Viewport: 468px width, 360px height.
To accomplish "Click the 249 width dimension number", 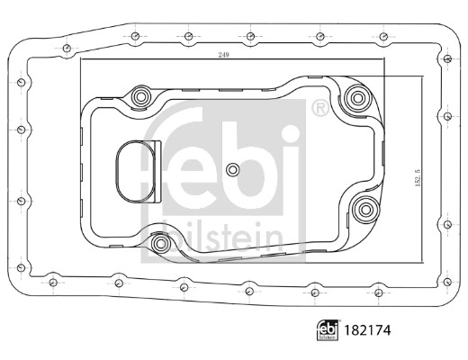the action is click(x=223, y=55).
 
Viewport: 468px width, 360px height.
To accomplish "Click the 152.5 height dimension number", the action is click(x=418, y=177).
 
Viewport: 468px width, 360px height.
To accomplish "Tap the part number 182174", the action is click(x=367, y=330).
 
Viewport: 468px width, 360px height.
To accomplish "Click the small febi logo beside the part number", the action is click(x=328, y=330).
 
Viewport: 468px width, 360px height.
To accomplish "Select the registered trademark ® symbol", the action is click(x=319, y=108).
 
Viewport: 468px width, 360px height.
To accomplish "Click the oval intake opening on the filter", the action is click(x=135, y=171).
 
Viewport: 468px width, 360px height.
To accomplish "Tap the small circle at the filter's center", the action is click(x=232, y=170).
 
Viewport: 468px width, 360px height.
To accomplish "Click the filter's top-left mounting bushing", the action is click(x=140, y=96).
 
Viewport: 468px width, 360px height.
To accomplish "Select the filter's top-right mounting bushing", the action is click(x=357, y=97).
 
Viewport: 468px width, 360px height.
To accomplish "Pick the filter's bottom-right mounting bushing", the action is click(x=365, y=210).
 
